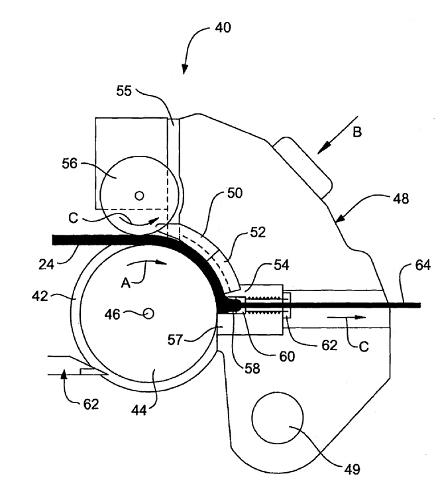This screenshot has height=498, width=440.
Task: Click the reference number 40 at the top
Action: [x=223, y=28]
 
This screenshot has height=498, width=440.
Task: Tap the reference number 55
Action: [x=124, y=91]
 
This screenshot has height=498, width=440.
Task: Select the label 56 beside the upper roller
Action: [x=70, y=163]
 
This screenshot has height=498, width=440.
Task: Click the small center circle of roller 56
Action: [x=139, y=196]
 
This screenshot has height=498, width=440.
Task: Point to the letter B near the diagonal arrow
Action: [x=357, y=132]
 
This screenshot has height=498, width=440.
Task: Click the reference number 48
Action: [x=401, y=199]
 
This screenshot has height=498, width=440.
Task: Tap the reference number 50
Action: [x=235, y=193]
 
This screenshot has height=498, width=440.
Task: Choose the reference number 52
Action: [x=258, y=232]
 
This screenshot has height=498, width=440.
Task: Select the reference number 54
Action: [x=281, y=265]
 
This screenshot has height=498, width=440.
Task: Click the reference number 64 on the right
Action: [x=423, y=265]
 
